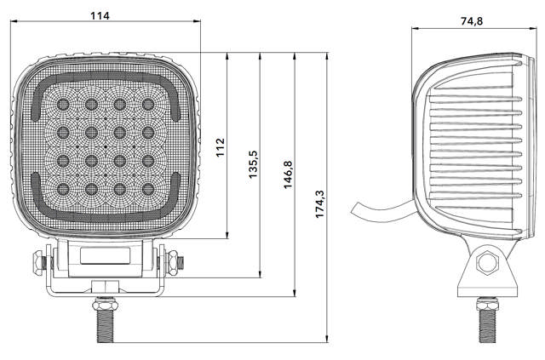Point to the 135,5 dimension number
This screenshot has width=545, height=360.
point(253,163)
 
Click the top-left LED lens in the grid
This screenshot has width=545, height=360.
point(62,104)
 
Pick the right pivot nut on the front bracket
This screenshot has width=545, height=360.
point(173,262)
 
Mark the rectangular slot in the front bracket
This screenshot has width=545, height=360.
point(106,255)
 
